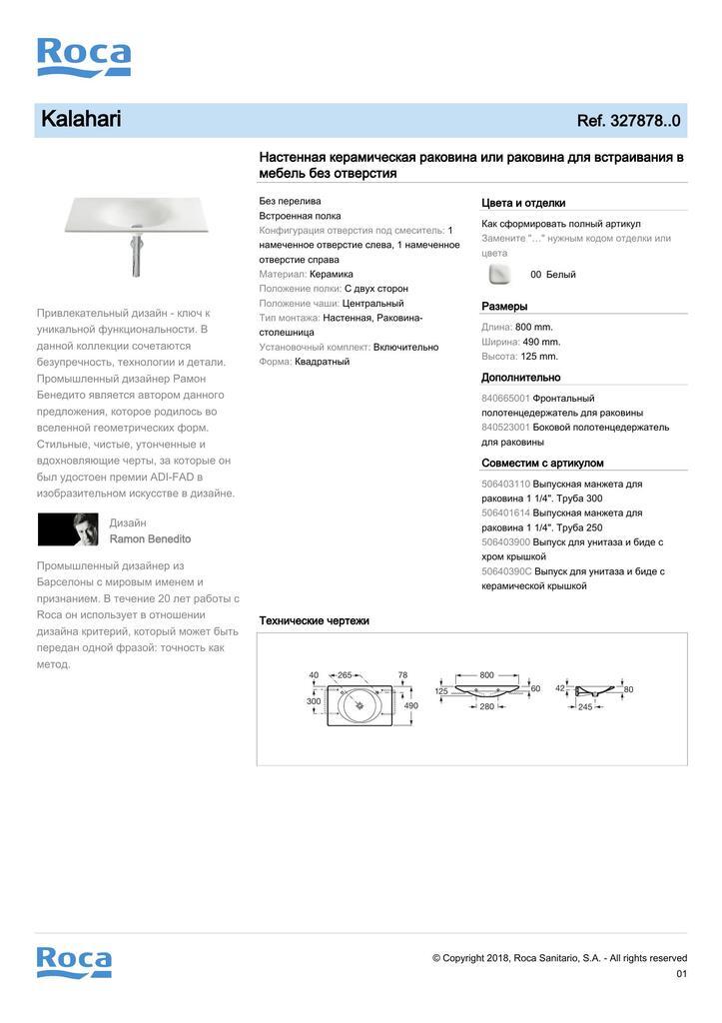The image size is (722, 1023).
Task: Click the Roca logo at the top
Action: [x=84, y=57]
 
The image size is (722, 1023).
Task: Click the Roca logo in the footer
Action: [x=74, y=962]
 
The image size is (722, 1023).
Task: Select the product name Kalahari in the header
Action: [x=81, y=120]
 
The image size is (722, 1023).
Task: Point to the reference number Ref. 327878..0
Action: [x=628, y=121]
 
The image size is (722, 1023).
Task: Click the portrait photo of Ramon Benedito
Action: [x=68, y=529]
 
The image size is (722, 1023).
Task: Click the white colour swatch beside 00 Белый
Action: [x=499, y=275]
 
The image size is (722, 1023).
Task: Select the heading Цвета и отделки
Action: [x=523, y=202]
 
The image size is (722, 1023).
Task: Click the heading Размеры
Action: [x=504, y=306]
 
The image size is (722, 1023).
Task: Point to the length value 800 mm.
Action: [x=534, y=327]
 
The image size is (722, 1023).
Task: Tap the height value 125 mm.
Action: [x=538, y=356]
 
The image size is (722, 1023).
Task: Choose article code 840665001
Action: [x=506, y=398]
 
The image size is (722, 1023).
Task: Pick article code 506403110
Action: [x=506, y=484]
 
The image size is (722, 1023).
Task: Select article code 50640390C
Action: [x=506, y=571]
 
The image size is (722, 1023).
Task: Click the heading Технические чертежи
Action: [x=314, y=620]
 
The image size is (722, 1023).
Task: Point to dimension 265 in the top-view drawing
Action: [x=346, y=675]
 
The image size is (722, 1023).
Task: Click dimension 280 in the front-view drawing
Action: [x=486, y=707]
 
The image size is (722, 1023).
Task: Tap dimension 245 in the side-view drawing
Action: [x=585, y=707]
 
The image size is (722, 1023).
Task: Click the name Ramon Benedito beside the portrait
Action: [x=150, y=538]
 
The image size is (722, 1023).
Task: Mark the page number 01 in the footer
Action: [x=681, y=973]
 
